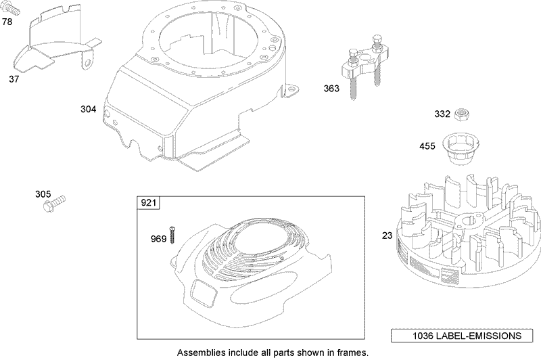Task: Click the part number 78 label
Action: coord(7,22)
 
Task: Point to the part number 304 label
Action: coord(88,109)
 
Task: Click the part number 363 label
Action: coord(331,88)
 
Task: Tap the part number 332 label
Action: coord(442,114)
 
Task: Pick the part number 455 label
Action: coord(427,145)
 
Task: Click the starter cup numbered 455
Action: coord(458,146)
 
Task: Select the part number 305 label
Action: coord(43,195)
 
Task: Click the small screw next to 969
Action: coord(173,234)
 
